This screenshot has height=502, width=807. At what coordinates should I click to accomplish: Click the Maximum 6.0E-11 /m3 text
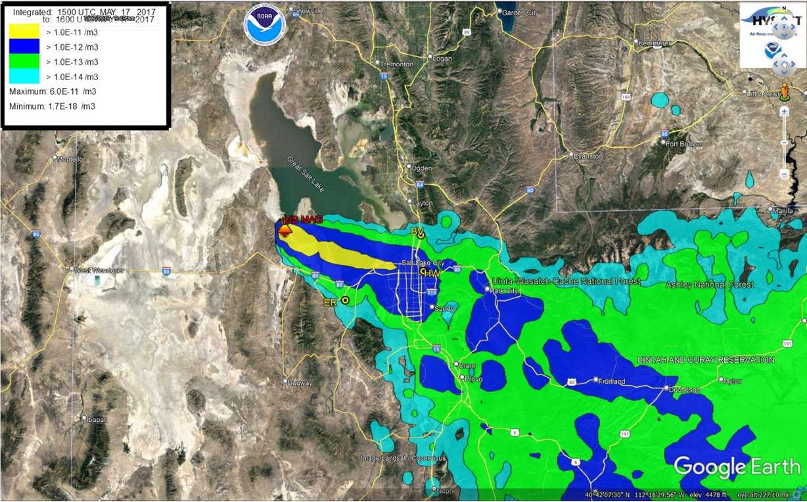coord(53,91)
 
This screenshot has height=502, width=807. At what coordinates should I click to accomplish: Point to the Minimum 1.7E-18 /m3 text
coord(52,106)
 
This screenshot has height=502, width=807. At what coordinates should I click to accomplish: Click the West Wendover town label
coord(99,270)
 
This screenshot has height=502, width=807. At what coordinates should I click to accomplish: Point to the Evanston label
coord(587,156)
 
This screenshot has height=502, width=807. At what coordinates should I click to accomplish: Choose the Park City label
coord(505,290)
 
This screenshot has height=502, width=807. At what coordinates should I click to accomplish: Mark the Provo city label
coord(473,379)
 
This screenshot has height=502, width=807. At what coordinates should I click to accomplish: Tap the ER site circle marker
coord(345,300)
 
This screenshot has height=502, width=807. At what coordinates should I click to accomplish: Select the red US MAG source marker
coord(285,229)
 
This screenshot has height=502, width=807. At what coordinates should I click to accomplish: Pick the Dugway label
coord(300,382)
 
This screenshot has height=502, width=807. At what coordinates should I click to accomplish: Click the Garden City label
coord(520,12)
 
